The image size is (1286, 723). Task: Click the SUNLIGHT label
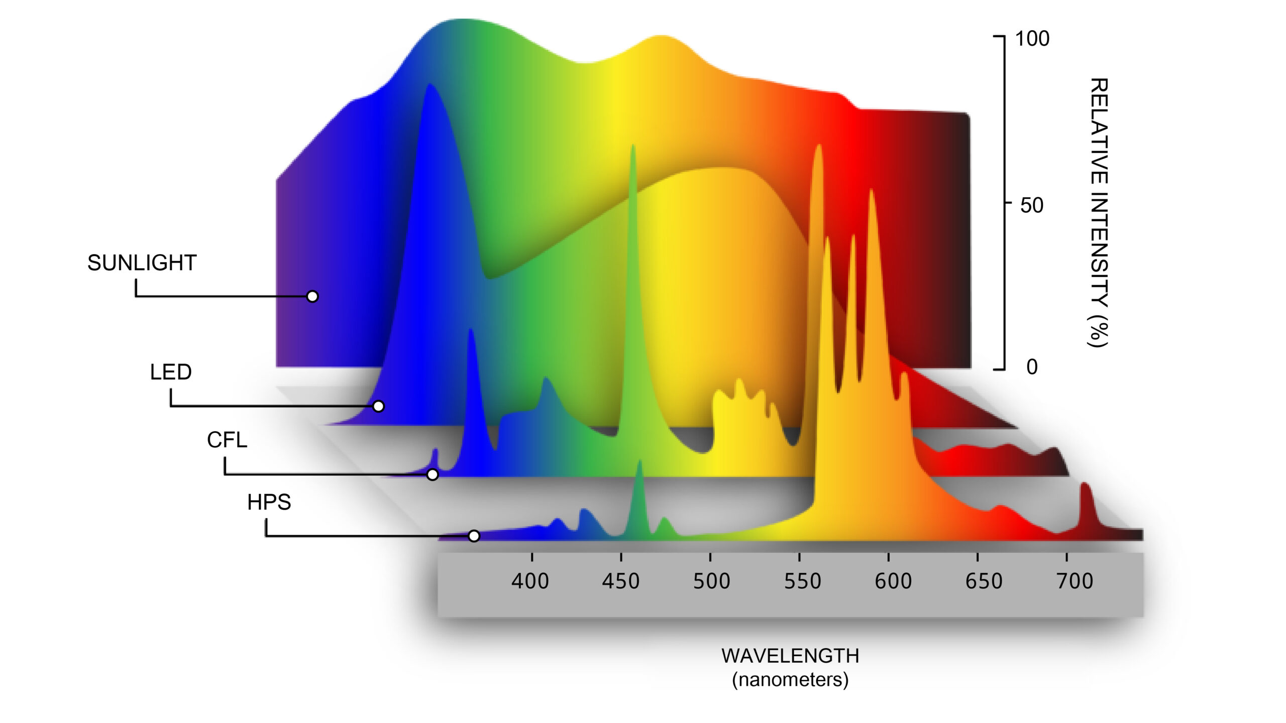[142, 263]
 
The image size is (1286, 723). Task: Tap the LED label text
[171, 372]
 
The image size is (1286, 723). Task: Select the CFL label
[227, 440]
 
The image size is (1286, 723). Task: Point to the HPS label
[269, 502]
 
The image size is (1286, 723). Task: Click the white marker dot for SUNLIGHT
[312, 297]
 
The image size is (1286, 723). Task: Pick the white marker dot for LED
[379, 406]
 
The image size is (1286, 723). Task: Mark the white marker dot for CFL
[433, 474]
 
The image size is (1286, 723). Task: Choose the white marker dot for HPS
[474, 536]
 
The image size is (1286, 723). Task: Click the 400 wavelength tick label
[530, 581]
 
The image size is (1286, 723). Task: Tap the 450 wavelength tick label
[621, 581]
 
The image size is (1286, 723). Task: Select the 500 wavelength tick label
[711, 581]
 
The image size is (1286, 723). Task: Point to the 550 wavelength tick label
[802, 581]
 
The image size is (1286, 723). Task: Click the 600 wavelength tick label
[893, 581]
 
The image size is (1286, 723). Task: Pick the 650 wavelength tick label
[984, 581]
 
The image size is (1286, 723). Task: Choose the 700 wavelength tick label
[1075, 581]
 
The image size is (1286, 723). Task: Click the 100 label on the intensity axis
[1032, 39]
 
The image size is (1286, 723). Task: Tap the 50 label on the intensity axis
[1032, 205]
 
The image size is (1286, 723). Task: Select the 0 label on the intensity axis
[1032, 367]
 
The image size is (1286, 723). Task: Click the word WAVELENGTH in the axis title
[790, 656]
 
